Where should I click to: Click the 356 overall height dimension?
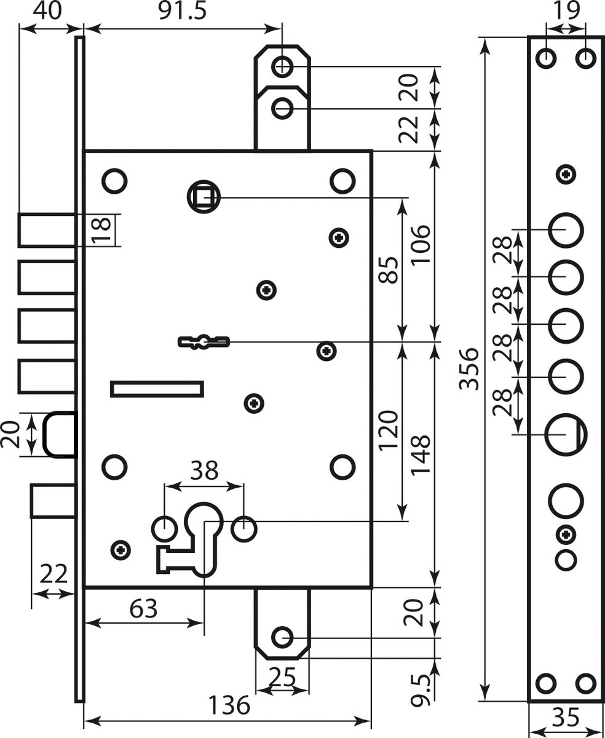[x=469, y=369]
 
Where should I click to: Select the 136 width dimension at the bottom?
[x=227, y=705]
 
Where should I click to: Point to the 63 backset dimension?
[x=144, y=609]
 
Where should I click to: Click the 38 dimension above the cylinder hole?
[x=204, y=471]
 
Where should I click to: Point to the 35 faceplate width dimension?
[x=566, y=717]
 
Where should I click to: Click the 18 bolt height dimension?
[x=103, y=229]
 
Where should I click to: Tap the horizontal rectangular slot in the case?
[x=157, y=389]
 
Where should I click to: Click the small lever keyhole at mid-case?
[x=203, y=341]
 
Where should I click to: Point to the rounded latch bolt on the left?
[x=60, y=434]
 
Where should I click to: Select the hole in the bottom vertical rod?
[x=282, y=638]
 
